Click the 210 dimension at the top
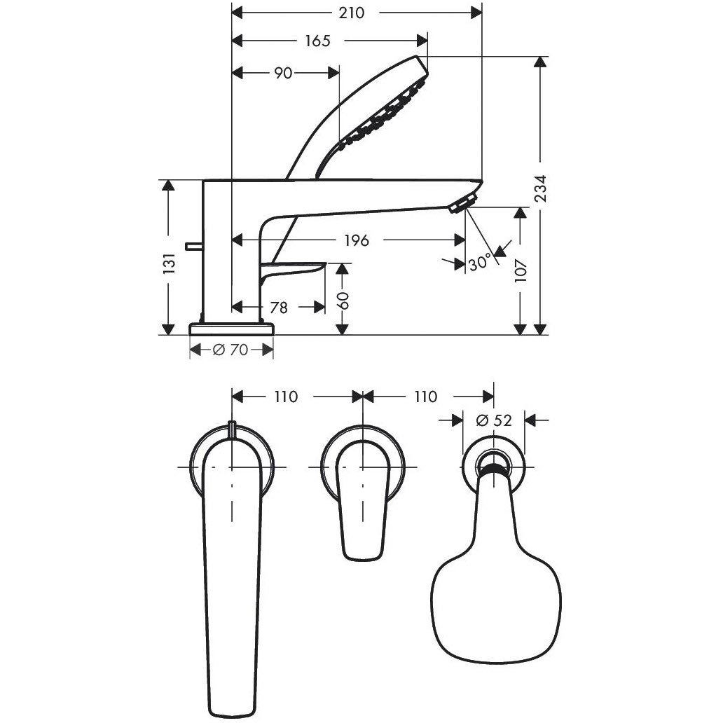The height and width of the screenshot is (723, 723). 357,13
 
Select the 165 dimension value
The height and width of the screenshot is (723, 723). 317,41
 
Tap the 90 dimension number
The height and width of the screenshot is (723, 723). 282,73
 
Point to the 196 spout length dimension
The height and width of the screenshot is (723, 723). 356,240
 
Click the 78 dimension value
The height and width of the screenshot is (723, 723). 279,307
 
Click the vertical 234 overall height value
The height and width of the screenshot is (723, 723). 539,188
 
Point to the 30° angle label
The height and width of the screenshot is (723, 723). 480,263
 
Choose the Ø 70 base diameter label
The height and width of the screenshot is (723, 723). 230,350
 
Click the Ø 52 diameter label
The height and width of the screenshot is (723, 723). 494,420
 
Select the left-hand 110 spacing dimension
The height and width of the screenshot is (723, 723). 286,397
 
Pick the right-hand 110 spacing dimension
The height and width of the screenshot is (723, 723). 425,397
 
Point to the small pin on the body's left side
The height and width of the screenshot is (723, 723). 193,245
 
